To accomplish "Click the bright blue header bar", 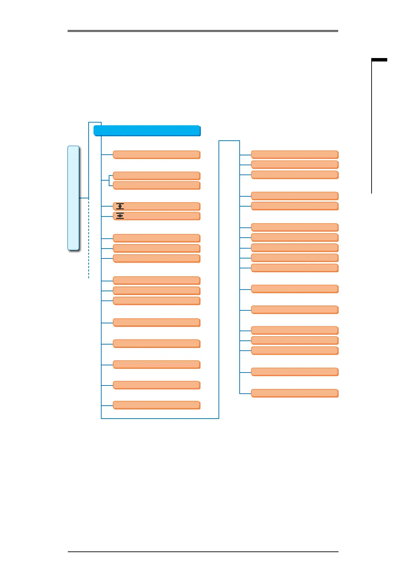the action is click(147, 130).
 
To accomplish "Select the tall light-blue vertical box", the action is click(73, 198).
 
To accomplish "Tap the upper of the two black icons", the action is click(120, 206).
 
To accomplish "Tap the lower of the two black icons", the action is click(120, 216).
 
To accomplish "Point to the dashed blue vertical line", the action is click(89, 239).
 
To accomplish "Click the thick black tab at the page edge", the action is click(379, 60).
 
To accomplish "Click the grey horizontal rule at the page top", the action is click(203, 31).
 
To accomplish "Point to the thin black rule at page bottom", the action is click(203, 551).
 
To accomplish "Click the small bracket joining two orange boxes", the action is click(109, 180).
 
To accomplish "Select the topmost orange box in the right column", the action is click(295, 154).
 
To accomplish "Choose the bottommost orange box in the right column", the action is click(295, 393).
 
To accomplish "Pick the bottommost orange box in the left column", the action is click(156, 405).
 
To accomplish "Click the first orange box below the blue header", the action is click(156, 154).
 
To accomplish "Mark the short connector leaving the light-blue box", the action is click(84, 198).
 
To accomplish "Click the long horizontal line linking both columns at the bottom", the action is click(160, 418).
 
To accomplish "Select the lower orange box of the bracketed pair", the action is click(156, 185).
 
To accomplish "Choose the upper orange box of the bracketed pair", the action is click(156, 176).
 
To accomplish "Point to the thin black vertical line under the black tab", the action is click(372, 130).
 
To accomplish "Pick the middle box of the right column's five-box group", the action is click(295, 248).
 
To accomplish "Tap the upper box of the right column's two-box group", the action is click(295, 196).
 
